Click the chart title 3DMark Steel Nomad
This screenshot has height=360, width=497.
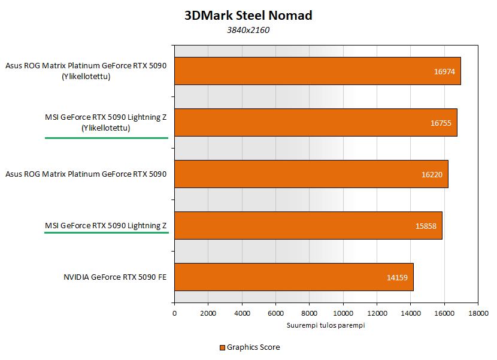pos(248,16)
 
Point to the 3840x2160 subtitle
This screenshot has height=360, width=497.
pos(248,31)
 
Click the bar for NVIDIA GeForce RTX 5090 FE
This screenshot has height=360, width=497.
pos(293,277)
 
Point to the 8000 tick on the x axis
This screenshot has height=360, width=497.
pos(310,313)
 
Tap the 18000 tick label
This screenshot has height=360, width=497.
pos(478,313)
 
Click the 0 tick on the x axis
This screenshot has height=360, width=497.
pos(175,313)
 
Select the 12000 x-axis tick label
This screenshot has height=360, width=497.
pos(377,313)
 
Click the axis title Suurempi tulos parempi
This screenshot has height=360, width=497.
pos(326,325)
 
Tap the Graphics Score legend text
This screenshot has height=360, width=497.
pos(253,347)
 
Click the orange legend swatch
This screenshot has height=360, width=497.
pos(222,347)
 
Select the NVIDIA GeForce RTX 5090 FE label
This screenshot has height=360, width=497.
pos(115,277)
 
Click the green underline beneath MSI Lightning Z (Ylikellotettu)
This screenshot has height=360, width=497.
pos(107,138)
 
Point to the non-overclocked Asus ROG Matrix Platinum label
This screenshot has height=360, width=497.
pos(86,174)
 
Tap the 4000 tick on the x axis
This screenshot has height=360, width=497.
pos(242,313)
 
